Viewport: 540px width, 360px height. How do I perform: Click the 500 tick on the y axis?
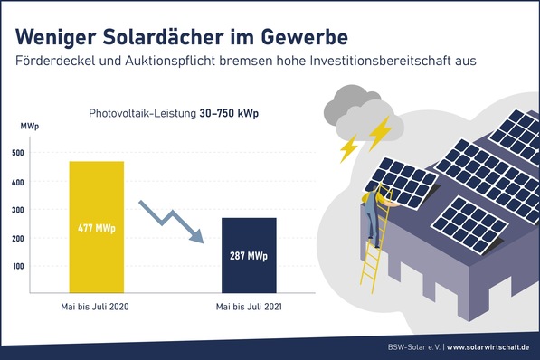pos(18,153)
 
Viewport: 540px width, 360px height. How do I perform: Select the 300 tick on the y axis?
pos(18,209)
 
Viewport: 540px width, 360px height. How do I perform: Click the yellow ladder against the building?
pos(372,253)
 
